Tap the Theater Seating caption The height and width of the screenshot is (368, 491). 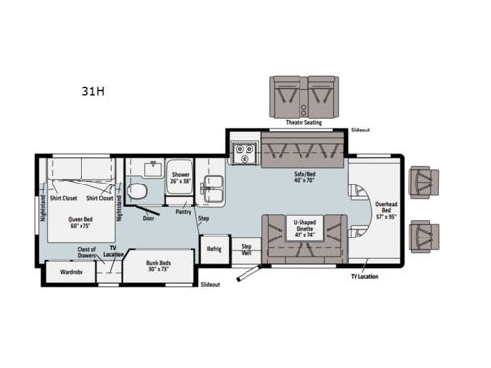pos(304,123)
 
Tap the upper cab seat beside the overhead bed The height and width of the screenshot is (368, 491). pos(425,183)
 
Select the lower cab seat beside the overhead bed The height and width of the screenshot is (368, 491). pos(425,233)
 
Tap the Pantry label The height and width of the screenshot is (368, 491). pos(183,211)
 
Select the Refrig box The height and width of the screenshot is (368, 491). pos(214,248)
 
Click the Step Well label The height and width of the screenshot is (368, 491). pos(247,248)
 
